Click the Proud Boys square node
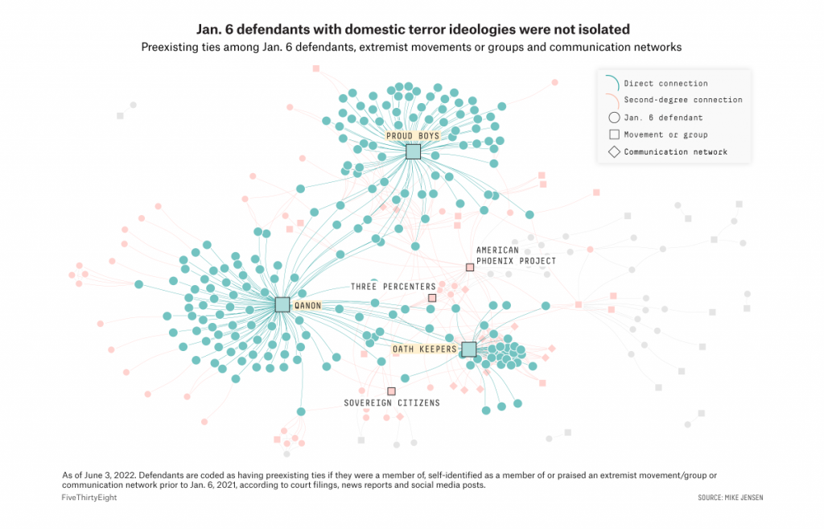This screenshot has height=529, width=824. click(413, 151)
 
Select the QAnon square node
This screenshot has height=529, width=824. click(282, 304)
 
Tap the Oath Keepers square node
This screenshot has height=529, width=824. click(468, 349)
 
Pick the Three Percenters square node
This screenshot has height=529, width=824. click(432, 298)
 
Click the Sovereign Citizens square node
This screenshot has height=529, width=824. click(392, 391)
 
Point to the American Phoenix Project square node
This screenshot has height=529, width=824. click(470, 267)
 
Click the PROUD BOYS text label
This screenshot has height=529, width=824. click(413, 136)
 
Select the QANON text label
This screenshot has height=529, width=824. click(308, 306)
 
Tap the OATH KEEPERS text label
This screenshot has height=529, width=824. click(424, 349)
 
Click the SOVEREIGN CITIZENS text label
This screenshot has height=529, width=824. click(392, 403)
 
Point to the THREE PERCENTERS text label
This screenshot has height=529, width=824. click(393, 287)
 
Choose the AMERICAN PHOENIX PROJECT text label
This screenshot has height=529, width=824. click(516, 255)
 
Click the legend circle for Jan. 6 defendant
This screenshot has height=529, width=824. click(614, 118)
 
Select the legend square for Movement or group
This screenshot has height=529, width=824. click(614, 134)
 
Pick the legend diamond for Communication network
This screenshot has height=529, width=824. click(614, 151)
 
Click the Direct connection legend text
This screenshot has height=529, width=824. click(665, 84)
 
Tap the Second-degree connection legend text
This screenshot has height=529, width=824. click(683, 101)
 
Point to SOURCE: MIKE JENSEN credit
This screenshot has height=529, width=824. click(731, 498)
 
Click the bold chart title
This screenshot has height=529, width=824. click(411, 29)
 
